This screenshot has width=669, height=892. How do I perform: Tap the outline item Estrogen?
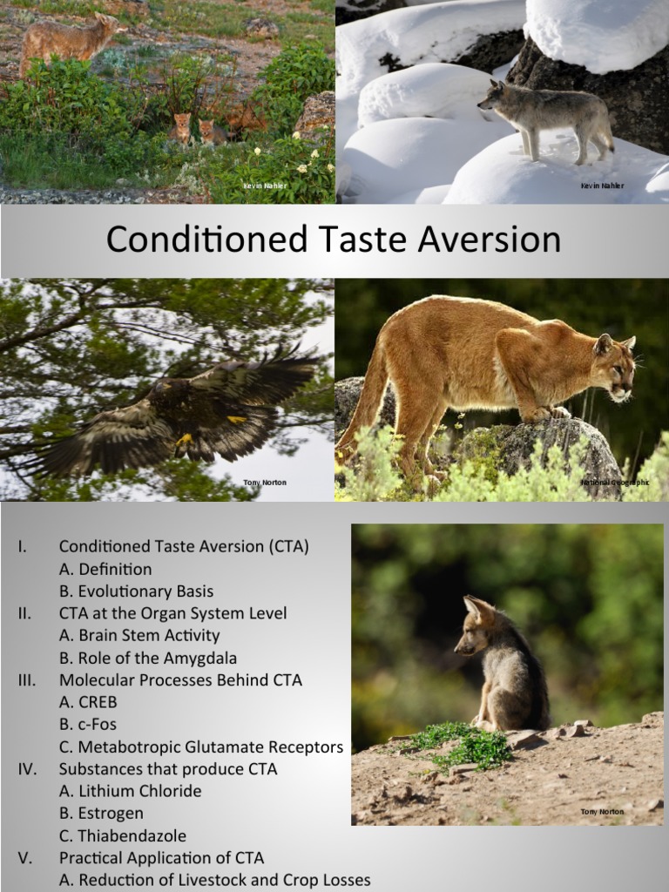pyautogui.click(x=111, y=814)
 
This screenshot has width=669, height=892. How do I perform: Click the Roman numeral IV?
pyautogui.click(x=25, y=768)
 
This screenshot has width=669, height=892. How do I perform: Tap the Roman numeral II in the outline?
pyautogui.click(x=24, y=613)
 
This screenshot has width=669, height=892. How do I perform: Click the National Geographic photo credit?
pyautogui.click(x=615, y=482)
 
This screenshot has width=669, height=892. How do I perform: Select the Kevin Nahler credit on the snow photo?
pyautogui.click(x=602, y=186)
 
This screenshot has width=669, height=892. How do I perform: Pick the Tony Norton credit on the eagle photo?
pyautogui.click(x=264, y=482)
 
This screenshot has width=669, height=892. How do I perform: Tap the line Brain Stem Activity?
pyautogui.click(x=139, y=635)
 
